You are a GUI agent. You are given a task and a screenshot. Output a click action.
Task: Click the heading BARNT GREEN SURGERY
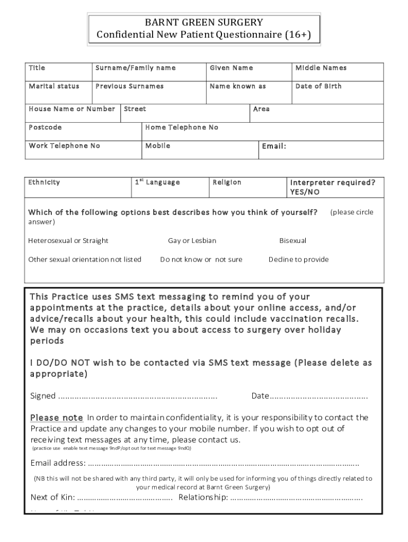[204, 22]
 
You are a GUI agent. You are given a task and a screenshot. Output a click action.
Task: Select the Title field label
[37, 68]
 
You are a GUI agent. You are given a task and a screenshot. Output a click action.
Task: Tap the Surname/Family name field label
[135, 68]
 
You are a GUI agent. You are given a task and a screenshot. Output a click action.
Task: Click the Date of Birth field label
[318, 86]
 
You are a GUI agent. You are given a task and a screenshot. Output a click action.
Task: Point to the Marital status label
[54, 86]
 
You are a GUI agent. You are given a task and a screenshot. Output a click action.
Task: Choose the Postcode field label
[45, 128]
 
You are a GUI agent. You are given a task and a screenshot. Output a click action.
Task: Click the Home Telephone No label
[182, 128]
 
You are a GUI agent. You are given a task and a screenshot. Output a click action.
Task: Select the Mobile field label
[158, 146]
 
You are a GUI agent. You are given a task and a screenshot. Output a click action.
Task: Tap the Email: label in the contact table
[274, 146]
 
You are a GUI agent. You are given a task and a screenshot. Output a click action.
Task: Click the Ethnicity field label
[44, 182]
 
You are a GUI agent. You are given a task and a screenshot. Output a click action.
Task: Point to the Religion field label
[227, 182]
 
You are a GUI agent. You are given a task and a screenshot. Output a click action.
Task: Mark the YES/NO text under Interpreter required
[305, 192]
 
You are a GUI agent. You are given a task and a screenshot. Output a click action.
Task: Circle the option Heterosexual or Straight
[68, 241]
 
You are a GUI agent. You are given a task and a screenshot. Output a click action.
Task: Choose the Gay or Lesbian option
[192, 241]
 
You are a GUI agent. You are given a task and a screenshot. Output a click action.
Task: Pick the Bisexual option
[292, 241]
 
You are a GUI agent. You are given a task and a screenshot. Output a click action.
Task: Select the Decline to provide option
[298, 259]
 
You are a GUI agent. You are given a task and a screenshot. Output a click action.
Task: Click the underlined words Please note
[56, 418]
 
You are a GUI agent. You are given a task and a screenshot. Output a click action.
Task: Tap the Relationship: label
[203, 497]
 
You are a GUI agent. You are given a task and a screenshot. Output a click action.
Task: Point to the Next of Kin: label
[52, 497]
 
